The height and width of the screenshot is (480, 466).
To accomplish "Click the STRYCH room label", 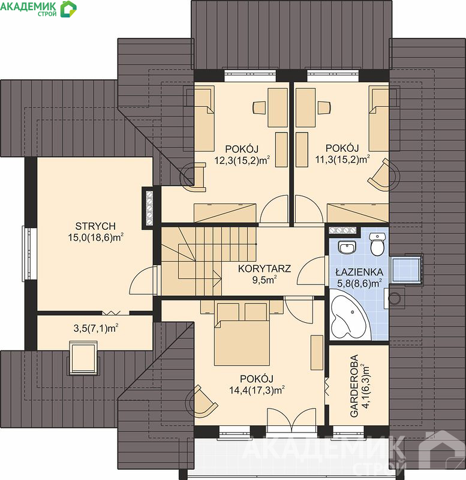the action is coord(95,226).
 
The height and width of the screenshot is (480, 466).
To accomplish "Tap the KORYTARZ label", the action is coord(264,269).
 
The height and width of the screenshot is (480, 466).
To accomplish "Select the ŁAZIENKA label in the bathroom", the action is coord(359,272).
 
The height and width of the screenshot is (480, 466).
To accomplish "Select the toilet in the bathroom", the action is coord(377,244).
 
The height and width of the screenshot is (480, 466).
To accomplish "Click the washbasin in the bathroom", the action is coord(347,247).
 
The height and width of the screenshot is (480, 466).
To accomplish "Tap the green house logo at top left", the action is coord(68,9).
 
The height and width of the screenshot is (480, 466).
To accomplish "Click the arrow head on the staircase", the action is coord(219,278).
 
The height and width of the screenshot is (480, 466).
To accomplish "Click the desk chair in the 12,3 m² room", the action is coord(259,107).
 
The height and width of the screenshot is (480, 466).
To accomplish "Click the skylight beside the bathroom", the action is coord(407,270).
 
